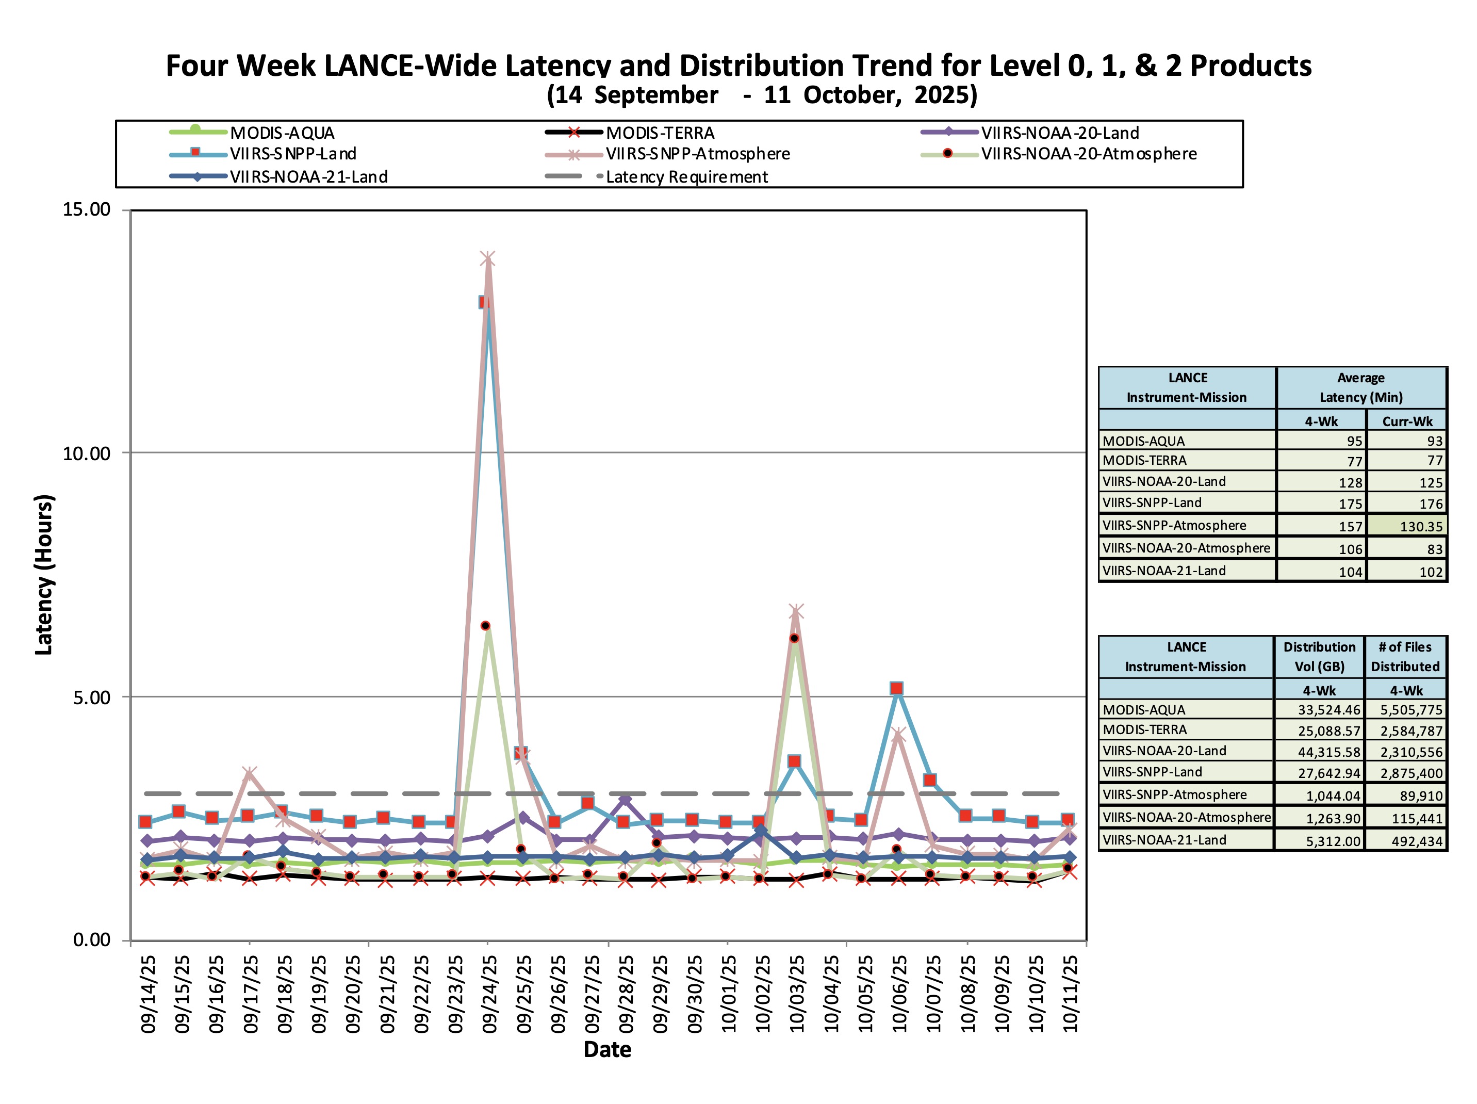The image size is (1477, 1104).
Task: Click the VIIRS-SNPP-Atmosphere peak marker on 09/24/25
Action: click(x=487, y=259)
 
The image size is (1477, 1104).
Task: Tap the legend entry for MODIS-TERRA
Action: click(x=659, y=133)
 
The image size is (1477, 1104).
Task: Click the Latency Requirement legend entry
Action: click(x=686, y=177)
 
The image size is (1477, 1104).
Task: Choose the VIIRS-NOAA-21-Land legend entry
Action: click(x=308, y=177)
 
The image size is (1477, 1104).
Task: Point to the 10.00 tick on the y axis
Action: click(x=86, y=453)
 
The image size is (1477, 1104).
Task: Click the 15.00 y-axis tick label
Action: click(x=86, y=209)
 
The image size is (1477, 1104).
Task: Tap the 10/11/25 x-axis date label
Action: click(x=1070, y=993)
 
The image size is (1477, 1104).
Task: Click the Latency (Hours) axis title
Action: click(x=43, y=574)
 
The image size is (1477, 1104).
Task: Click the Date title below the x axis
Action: click(x=607, y=1049)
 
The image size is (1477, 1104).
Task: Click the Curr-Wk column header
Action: click(x=1407, y=421)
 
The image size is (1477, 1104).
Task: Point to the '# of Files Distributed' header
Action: click(x=1405, y=657)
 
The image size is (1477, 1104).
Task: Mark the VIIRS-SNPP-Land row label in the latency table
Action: click(x=1152, y=503)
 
